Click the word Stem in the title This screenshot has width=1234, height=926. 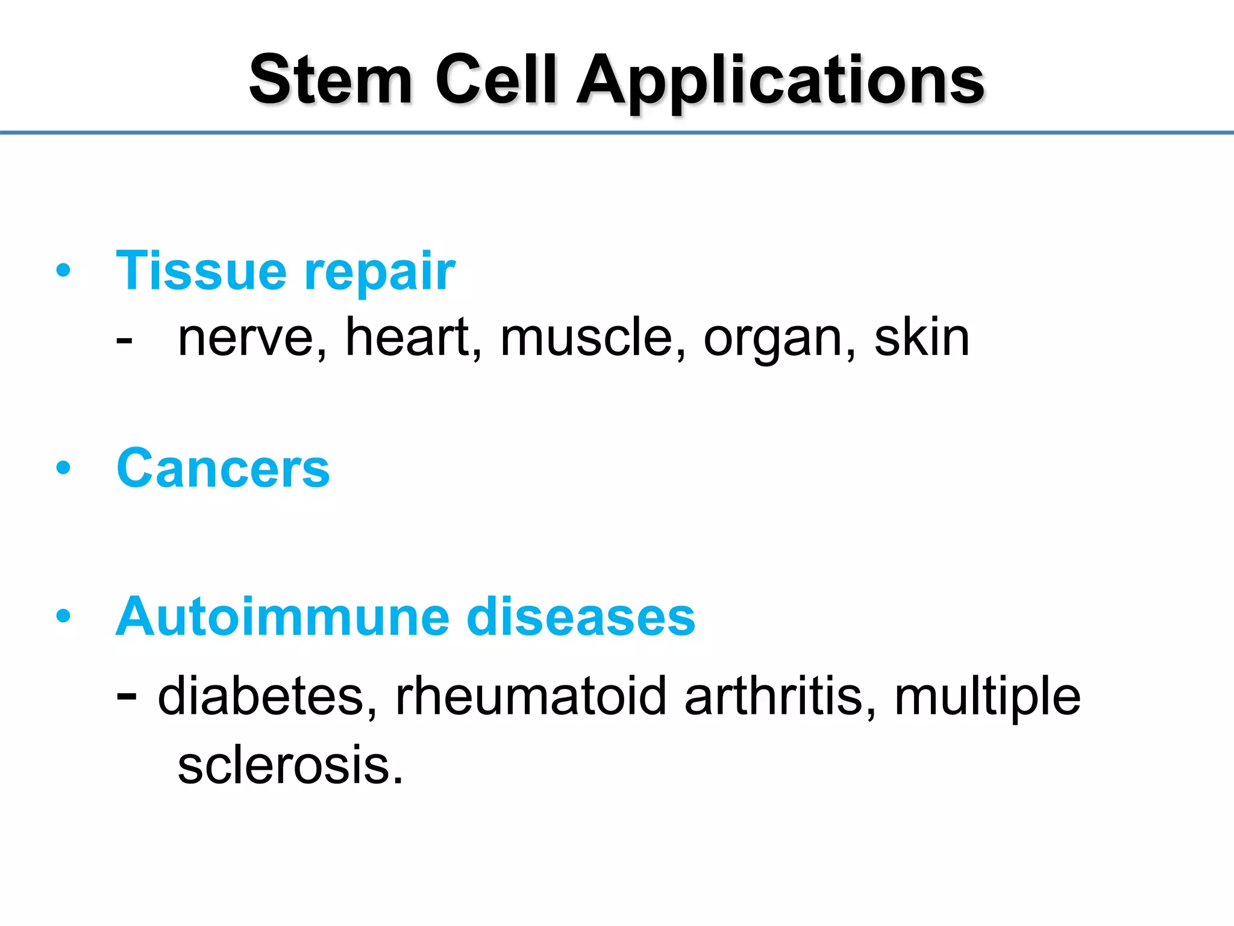[x=331, y=80]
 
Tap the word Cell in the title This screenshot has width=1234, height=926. [x=495, y=80]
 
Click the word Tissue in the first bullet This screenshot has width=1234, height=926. [x=201, y=271]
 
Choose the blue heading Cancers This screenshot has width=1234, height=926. [x=223, y=468]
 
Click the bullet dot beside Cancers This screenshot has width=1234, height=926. [x=63, y=467]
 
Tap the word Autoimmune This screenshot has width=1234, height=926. [x=283, y=616]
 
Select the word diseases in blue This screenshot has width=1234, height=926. [x=581, y=616]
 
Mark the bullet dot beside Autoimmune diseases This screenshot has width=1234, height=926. [x=63, y=616]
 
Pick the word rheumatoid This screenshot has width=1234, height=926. [x=531, y=696]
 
